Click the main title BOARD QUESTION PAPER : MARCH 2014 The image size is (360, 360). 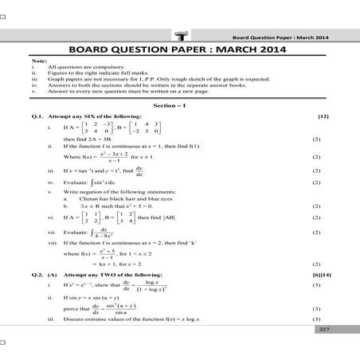pos(181,45)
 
